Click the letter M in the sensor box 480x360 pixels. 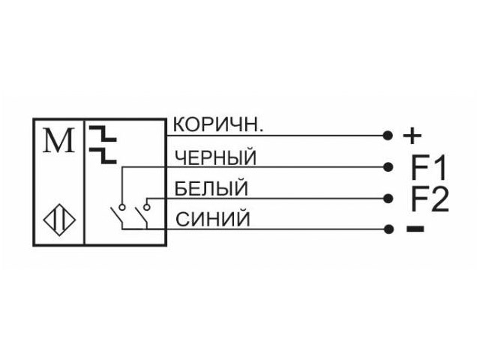click(58, 140)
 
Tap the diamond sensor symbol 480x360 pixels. click(59, 220)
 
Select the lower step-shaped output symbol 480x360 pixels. click(103, 155)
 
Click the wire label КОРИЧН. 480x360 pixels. click(218, 125)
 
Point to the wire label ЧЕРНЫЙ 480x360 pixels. click(215, 157)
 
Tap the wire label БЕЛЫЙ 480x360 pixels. click(211, 188)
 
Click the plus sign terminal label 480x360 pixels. click(412, 135)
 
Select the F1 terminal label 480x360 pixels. click(428, 168)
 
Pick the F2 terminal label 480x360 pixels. click(430, 199)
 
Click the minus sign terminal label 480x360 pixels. click(415, 229)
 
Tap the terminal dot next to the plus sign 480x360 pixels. click(388, 135)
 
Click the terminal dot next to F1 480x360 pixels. click(388, 166)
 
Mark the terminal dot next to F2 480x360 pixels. click(388, 198)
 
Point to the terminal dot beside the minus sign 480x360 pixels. click(388, 229)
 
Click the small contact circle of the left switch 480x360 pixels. click(122, 207)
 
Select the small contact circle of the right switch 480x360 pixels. click(147, 207)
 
